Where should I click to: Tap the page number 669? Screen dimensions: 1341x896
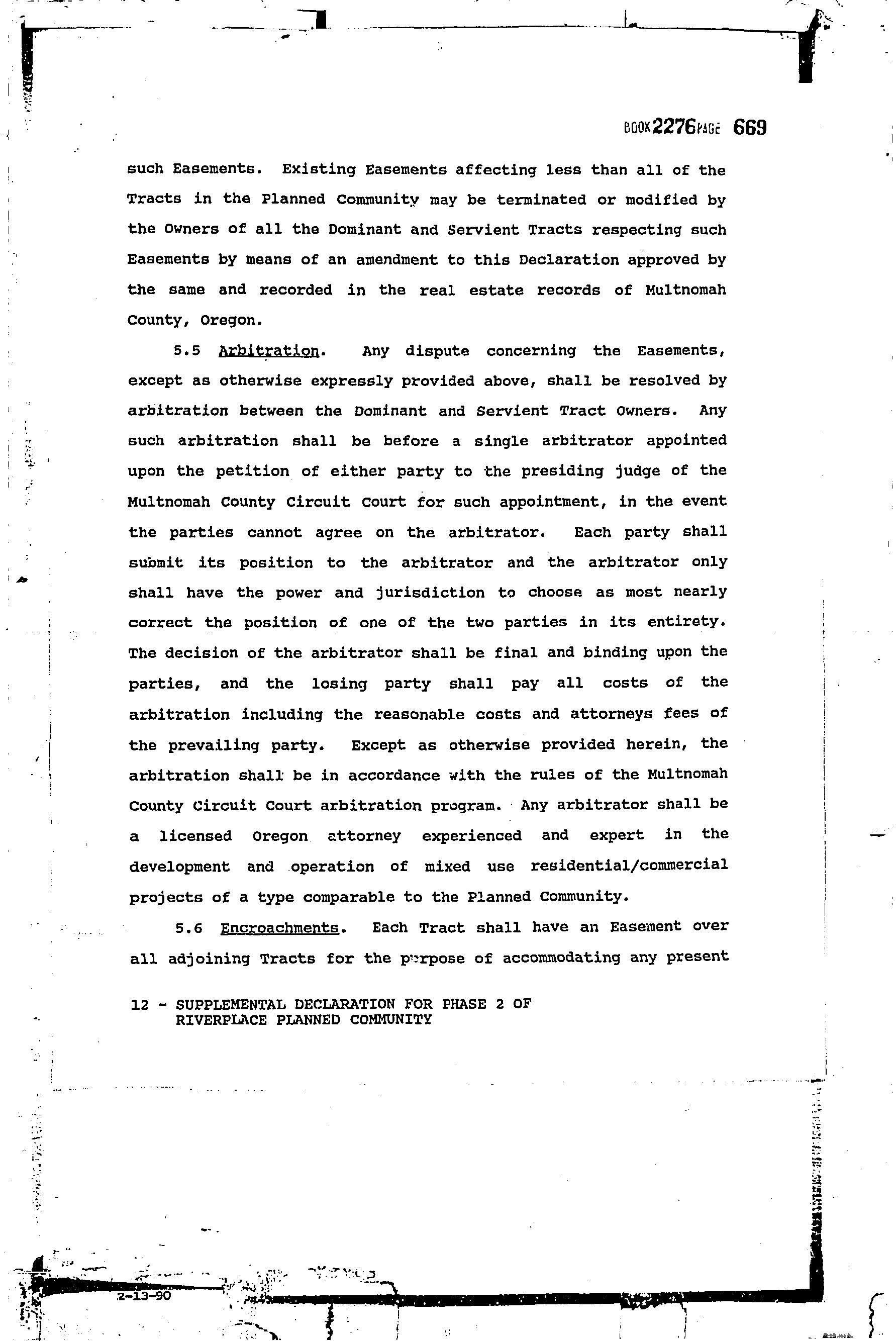[x=749, y=127]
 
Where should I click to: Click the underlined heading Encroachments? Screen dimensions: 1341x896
[x=279, y=927]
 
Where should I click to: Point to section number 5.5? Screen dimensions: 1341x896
[x=187, y=351]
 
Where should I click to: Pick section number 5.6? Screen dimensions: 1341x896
[x=189, y=928]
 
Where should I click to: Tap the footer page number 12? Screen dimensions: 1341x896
[x=139, y=1004]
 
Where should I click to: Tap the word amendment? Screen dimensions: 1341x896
[x=396, y=260]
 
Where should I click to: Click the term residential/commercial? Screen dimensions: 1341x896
[x=629, y=865]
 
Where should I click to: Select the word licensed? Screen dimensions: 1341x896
[x=195, y=836]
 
